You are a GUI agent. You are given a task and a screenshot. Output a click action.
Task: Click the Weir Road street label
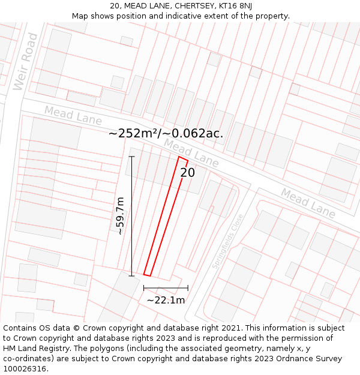coord(26,62)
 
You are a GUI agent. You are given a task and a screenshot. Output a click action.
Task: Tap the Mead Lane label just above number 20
coord(191,153)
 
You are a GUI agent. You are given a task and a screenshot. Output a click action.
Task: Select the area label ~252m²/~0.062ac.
coord(166,133)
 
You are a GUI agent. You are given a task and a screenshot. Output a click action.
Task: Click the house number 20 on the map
coord(188,173)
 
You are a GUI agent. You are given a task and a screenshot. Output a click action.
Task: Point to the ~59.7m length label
coord(120,215)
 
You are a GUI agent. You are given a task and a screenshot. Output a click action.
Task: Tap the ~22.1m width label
coord(166,300)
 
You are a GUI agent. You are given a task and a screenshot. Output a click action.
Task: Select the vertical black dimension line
coord(132,216)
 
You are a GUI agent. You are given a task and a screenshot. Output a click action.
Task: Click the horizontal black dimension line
coord(166,288)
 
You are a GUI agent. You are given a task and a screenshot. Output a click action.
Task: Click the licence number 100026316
coord(26,369)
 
